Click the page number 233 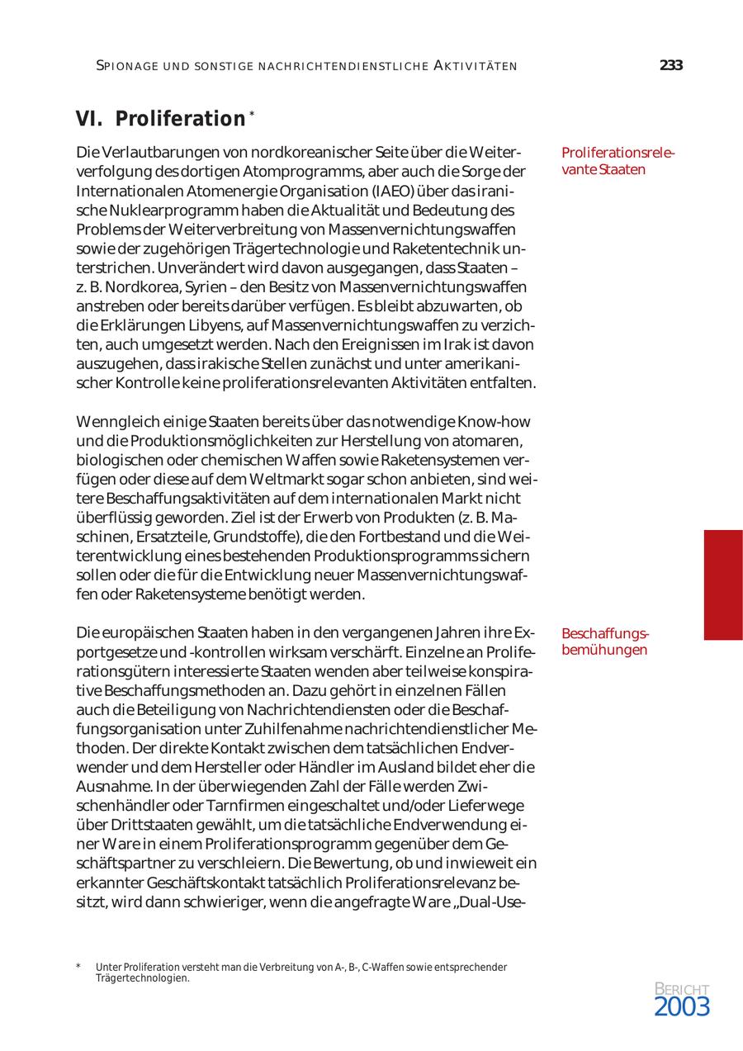pyautogui.click(x=671, y=66)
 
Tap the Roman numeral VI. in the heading pyautogui.click(x=89, y=119)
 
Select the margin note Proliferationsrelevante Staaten pyautogui.click(x=618, y=161)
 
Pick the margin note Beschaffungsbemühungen pyautogui.click(x=605, y=641)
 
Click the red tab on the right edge pyautogui.click(x=722, y=585)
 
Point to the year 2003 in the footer pyautogui.click(x=682, y=1006)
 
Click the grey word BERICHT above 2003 pyautogui.click(x=682, y=989)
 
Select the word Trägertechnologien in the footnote pyautogui.click(x=143, y=978)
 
